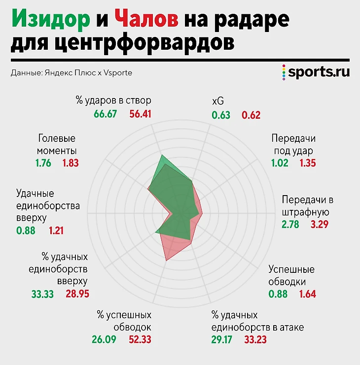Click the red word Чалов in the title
146,21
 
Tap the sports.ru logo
316,72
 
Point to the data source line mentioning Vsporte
71,73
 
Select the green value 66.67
105,114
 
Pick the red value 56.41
140,114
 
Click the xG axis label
217,101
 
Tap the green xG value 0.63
221,115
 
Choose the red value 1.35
308,163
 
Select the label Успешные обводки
291,276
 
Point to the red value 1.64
307,295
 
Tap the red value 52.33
140,339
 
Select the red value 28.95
77,294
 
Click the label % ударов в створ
113,100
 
